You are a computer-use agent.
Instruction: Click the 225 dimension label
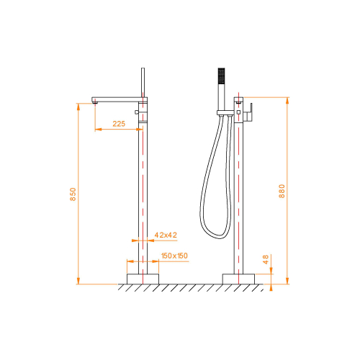pyautogui.click(x=119, y=124)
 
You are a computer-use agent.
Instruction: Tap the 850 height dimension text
pyautogui.click(x=73, y=194)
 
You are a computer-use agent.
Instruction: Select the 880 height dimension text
pyautogui.click(x=282, y=191)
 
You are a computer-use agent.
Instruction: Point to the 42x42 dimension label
pyautogui.click(x=166, y=235)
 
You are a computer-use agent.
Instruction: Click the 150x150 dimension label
pyautogui.click(x=174, y=256)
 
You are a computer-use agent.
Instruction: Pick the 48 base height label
pyautogui.click(x=266, y=259)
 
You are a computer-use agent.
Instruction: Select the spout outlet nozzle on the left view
pyautogui.click(x=95, y=103)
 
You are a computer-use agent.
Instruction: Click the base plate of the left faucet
pyautogui.click(x=143, y=279)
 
